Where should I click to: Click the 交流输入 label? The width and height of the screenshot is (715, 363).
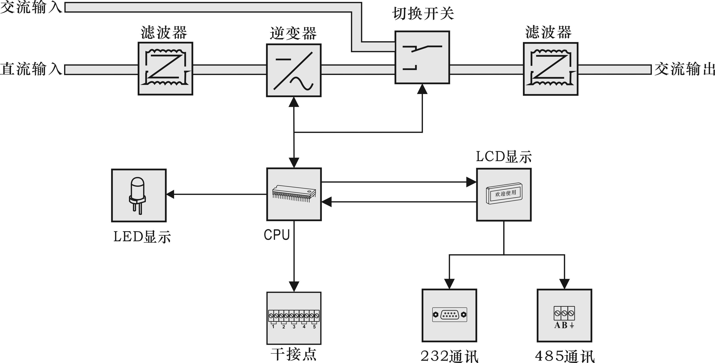31,7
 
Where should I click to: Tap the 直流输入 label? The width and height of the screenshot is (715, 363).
31,69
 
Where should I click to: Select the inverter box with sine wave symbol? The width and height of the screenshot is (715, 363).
294,70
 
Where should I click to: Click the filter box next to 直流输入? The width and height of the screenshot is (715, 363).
166,69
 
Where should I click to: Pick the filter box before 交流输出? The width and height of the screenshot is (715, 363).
550,69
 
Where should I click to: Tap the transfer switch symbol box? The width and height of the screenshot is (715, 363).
422,57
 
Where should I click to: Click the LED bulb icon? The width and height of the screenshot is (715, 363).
137,195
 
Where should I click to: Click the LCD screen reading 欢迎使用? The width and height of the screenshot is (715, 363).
504,193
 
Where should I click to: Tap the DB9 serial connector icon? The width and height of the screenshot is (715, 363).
449,315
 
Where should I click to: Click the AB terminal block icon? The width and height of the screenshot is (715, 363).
564,317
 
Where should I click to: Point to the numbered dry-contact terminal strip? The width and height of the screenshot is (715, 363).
294,319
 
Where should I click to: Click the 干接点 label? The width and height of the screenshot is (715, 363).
294,355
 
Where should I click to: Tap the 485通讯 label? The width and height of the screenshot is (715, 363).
565,356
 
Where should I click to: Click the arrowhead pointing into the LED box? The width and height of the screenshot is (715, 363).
170,194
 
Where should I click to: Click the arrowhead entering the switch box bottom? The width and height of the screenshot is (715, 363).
423,89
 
